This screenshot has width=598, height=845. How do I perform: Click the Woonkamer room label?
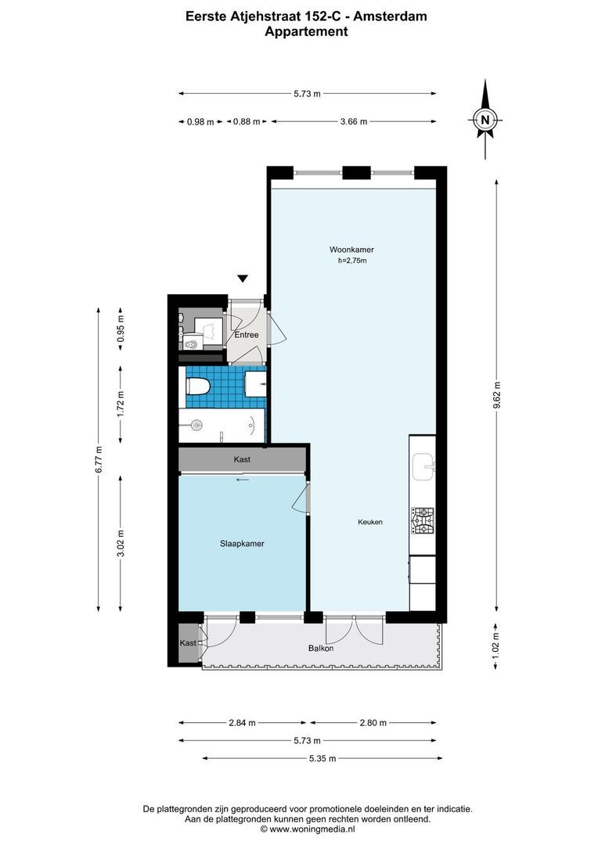(x=351, y=250)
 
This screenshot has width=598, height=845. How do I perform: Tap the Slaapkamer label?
(x=242, y=544)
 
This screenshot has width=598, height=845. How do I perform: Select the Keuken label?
(x=370, y=522)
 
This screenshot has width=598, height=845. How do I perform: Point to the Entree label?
(x=247, y=335)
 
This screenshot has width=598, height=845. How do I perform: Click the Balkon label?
(x=321, y=649)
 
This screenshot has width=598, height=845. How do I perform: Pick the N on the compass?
(x=485, y=120)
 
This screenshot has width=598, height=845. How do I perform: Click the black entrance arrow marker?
(x=243, y=279)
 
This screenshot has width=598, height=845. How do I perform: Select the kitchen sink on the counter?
(x=423, y=466)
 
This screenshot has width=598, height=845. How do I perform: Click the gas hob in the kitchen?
(x=423, y=520)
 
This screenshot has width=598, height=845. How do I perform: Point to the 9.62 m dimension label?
(x=496, y=396)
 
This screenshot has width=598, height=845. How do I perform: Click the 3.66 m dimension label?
(x=354, y=122)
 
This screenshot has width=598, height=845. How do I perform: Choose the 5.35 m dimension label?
(x=322, y=759)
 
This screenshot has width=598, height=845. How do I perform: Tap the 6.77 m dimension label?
(x=98, y=459)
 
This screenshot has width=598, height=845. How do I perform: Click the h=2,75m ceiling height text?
(x=352, y=261)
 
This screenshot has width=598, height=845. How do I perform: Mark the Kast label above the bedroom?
(x=242, y=460)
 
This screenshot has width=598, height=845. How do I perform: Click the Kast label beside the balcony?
(x=188, y=643)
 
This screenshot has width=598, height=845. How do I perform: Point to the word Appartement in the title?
(x=306, y=31)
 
